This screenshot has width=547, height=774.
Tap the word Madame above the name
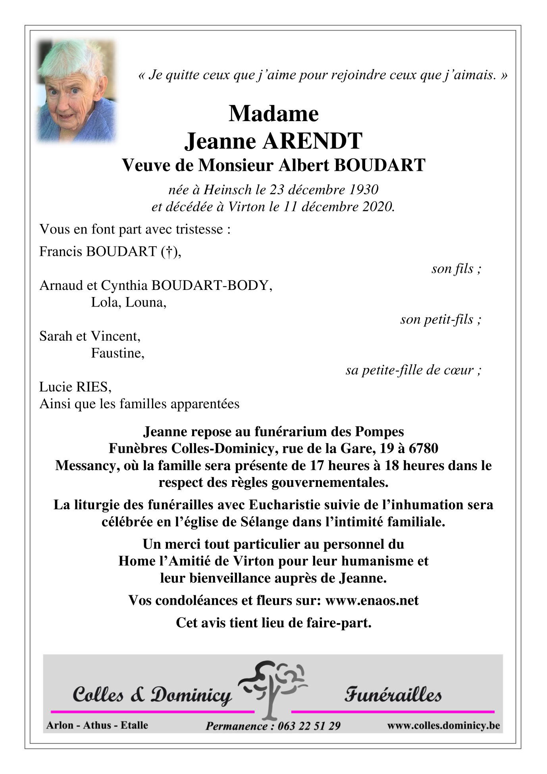click(x=273, y=114)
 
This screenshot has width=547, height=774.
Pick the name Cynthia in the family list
click(x=125, y=286)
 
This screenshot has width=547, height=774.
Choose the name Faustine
click(x=117, y=353)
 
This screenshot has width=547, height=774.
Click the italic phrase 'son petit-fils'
click(x=437, y=319)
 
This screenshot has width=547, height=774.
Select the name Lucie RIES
click(x=75, y=387)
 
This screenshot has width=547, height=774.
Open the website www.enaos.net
click(x=372, y=600)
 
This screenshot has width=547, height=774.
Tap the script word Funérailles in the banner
click(x=393, y=695)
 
